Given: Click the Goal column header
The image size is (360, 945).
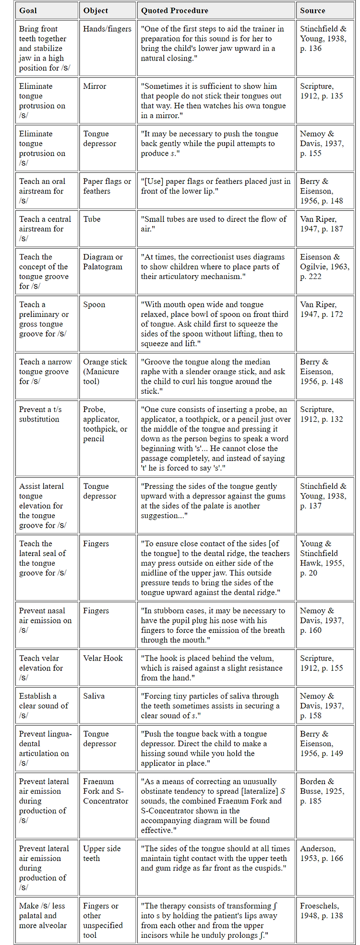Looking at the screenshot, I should pyautogui.click(x=28, y=10).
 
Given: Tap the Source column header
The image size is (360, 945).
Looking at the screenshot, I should pyautogui.click(x=312, y=10).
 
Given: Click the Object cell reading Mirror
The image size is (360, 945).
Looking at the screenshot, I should pyautogui.click(x=95, y=86).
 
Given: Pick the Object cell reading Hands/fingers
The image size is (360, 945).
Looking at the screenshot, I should pyautogui.click(x=107, y=29).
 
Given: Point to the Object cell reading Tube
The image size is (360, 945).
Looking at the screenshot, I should pyautogui.click(x=92, y=219).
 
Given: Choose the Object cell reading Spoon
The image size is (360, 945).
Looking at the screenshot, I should pyautogui.click(x=94, y=304).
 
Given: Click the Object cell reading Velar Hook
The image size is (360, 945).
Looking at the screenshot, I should pyautogui.click(x=103, y=658).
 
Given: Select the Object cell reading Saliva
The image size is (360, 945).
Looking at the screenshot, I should pyautogui.click(x=94, y=696).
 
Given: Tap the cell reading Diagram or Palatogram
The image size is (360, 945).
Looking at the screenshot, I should pyautogui.click(x=103, y=262).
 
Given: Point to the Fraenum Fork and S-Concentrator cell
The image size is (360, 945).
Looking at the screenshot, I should pyautogui.click(x=106, y=791).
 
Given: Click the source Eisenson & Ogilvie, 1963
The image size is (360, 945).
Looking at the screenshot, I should pyautogui.click(x=324, y=267).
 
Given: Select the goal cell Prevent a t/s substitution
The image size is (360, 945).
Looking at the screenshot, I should pyautogui.click(x=40, y=414).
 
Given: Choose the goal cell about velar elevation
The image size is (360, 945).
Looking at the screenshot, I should pyautogui.click(x=41, y=667).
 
